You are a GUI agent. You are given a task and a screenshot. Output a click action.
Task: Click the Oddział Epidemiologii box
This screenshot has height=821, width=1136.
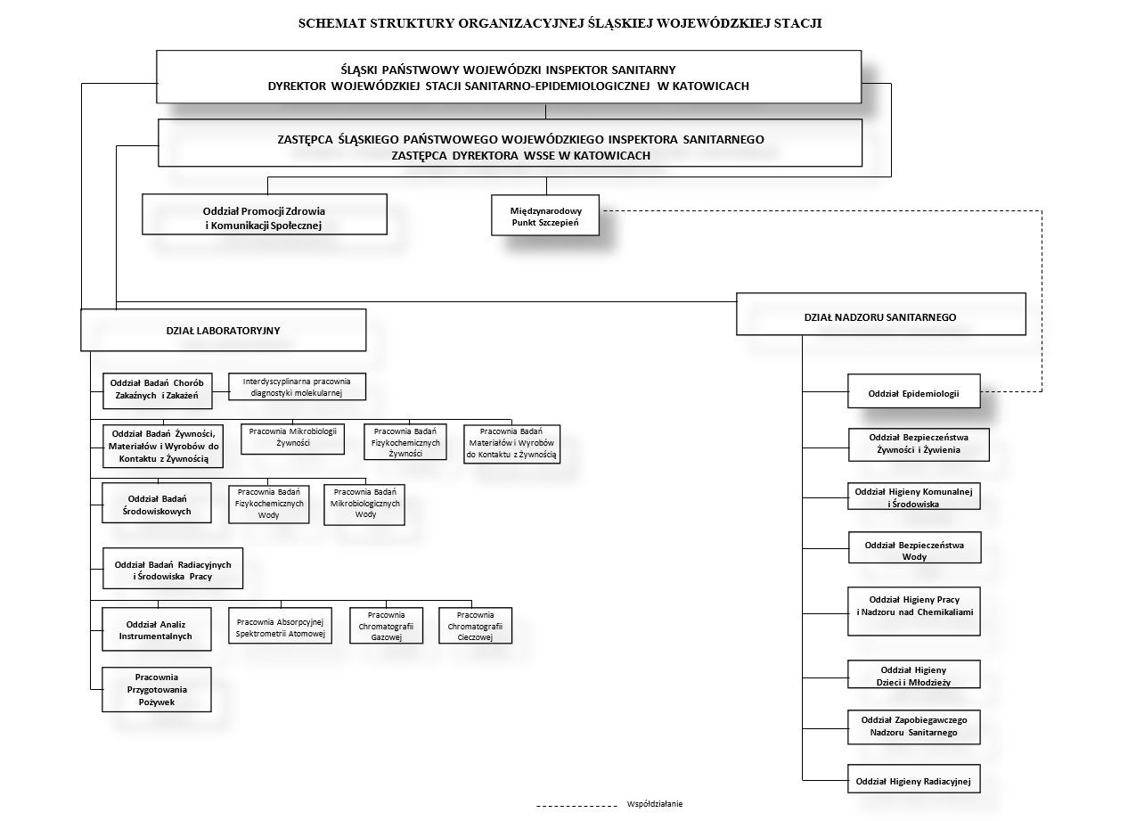tap(913, 390)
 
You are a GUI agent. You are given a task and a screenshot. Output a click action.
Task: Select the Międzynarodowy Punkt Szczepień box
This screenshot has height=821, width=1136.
tap(545, 215)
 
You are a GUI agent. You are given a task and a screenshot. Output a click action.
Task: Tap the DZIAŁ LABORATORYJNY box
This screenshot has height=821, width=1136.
tap(223, 331)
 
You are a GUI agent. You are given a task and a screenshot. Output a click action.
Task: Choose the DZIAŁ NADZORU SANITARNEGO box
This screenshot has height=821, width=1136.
tap(881, 314)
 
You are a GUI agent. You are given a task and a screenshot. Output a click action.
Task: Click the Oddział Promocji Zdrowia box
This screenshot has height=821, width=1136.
tap(265, 214)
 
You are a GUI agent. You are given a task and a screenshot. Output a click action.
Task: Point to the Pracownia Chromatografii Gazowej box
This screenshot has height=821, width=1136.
tap(386, 625)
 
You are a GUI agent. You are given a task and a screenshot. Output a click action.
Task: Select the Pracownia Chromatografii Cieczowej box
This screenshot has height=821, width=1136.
tap(475, 625)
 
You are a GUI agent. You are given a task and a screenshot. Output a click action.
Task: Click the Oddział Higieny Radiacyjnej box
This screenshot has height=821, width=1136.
tap(913, 778)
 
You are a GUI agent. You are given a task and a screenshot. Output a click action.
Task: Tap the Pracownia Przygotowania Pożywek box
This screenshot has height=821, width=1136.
tap(157, 689)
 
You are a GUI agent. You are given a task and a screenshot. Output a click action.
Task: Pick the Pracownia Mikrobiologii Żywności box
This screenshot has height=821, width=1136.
tap(292, 439)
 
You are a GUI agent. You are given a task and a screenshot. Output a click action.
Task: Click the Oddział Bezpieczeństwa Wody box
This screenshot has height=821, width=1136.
tap(914, 547)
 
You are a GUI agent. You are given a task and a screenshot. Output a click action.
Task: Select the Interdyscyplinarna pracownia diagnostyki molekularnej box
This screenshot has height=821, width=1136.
tap(297, 387)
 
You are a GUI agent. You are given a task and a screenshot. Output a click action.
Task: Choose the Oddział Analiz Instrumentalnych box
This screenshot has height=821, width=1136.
tap(157, 629)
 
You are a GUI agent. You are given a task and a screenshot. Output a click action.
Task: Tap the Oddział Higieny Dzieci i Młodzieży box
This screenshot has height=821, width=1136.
tap(913, 674)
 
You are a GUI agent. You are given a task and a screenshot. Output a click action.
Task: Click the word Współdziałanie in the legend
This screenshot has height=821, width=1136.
tap(654, 804)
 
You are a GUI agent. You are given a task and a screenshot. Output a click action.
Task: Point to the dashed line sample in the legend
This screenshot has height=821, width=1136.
tap(576, 806)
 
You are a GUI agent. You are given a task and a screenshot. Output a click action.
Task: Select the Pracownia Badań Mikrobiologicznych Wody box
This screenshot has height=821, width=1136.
tap(364, 505)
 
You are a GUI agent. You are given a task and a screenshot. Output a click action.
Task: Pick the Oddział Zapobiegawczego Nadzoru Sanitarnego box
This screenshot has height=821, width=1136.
tap(913, 727)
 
